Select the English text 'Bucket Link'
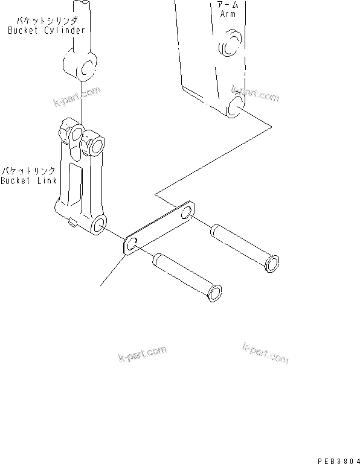coord(28,180)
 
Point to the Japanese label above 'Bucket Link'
coord(28,171)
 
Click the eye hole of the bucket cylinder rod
coord(87,68)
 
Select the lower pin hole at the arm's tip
coord(236,108)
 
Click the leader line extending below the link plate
coord(112,271)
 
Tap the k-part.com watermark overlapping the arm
coord(254,96)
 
